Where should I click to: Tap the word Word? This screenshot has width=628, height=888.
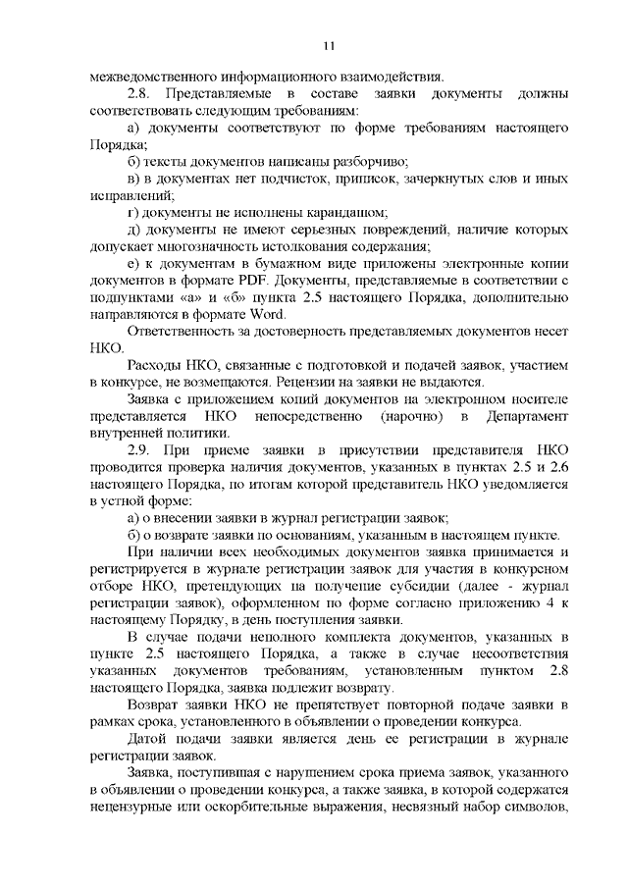(x=264, y=314)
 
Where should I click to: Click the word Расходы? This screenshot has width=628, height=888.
(x=154, y=366)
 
